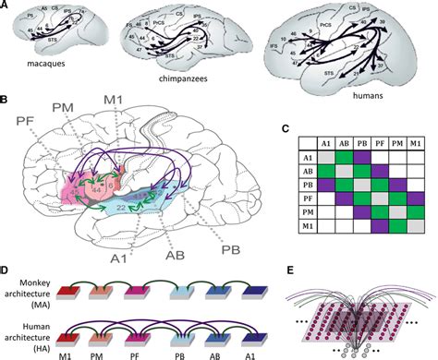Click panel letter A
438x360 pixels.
[6, 6]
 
